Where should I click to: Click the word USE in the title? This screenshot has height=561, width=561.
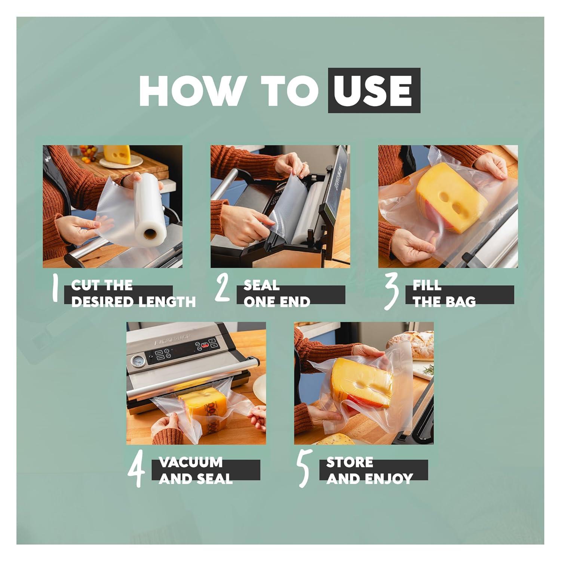click(x=374, y=91)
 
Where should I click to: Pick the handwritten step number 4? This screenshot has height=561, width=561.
click(x=137, y=471)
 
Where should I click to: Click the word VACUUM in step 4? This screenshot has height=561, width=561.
click(x=191, y=462)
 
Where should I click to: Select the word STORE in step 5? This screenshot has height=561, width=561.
click(x=350, y=462)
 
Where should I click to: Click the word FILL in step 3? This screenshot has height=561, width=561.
click(x=427, y=285)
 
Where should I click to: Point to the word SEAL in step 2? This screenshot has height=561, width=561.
click(x=261, y=285)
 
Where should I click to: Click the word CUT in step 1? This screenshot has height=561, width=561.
click(x=85, y=285)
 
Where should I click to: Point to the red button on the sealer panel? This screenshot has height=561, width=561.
click(x=205, y=346)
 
